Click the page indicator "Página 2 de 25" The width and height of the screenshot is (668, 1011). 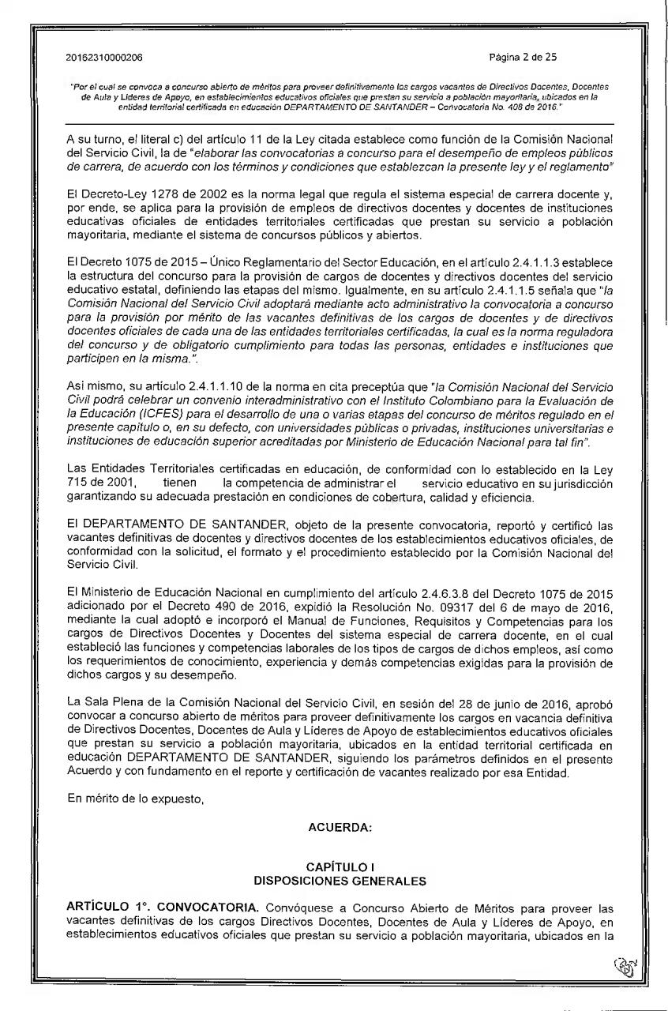point(524,58)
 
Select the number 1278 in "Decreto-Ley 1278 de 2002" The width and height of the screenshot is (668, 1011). point(146,195)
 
